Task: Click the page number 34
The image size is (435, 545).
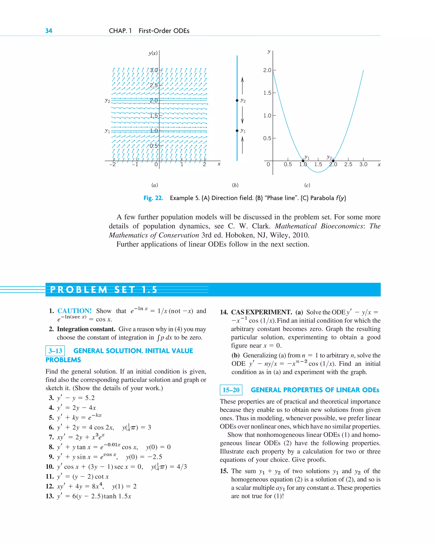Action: (x=49, y=31)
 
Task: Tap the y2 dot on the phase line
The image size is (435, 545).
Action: (x=237, y=100)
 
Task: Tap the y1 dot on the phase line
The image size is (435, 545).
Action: (x=237, y=131)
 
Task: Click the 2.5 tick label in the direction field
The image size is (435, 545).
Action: (x=153, y=85)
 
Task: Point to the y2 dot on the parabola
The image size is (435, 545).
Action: (x=333, y=161)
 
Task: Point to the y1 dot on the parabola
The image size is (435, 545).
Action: (x=303, y=161)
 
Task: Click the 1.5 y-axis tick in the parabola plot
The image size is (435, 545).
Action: (x=267, y=93)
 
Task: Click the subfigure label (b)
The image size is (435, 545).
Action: (x=235, y=185)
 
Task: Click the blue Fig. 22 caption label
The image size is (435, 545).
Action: (x=153, y=198)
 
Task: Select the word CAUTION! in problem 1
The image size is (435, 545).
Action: (x=74, y=311)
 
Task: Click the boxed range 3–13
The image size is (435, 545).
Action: (x=55, y=351)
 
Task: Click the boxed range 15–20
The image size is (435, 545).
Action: (x=231, y=390)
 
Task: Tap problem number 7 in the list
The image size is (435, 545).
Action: (x=51, y=437)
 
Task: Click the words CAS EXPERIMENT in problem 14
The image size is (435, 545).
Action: (x=261, y=312)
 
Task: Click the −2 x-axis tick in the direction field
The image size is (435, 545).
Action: (x=113, y=165)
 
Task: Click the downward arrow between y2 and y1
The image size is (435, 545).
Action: (x=242, y=115)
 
